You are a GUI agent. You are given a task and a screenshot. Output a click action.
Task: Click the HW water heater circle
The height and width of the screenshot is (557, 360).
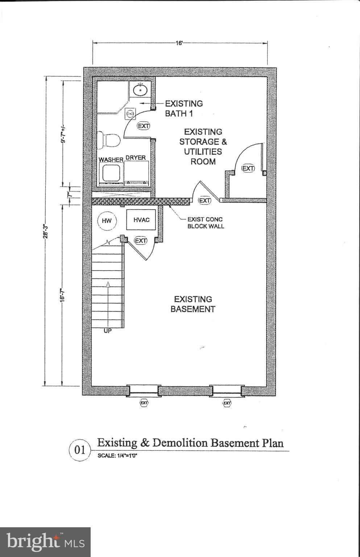tap(107, 221)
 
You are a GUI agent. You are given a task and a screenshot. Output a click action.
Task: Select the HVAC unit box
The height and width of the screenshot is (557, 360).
tap(141, 220)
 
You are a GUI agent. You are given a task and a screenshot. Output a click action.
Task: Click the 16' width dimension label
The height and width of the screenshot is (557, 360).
tap(179, 43)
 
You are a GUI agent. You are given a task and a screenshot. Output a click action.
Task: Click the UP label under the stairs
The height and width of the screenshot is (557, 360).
tap(107, 331)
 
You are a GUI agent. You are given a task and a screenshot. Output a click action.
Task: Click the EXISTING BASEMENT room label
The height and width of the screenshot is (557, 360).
tap(193, 304)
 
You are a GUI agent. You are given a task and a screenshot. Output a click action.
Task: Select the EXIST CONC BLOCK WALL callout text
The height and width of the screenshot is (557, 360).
tap(205, 223)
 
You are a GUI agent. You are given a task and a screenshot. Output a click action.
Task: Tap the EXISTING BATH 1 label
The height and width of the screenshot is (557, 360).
tap(184, 108)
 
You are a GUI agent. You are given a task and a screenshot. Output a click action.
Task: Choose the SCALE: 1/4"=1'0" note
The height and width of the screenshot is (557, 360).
tap(117, 456)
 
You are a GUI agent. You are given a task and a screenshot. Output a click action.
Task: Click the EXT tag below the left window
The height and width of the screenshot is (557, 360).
tap(144, 403)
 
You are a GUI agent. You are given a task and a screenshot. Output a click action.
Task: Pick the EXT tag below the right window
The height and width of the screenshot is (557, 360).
tap(227, 403)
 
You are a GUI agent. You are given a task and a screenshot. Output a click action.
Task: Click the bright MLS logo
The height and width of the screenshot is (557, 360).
tap(45, 542)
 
